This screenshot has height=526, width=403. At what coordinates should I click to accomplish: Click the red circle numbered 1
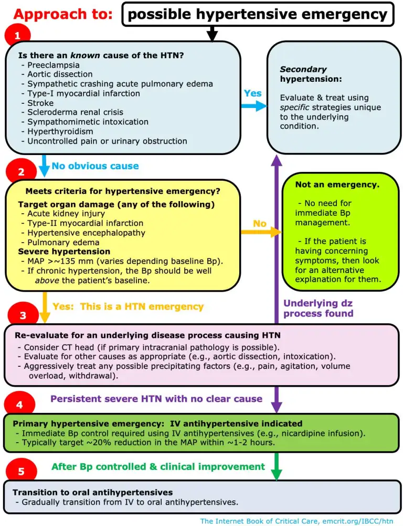pos(17,35)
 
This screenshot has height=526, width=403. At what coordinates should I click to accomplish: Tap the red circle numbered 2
pos(21,171)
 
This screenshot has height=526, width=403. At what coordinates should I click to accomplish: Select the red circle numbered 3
pos(23,315)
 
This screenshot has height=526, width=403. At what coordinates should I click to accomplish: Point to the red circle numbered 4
pos(19,404)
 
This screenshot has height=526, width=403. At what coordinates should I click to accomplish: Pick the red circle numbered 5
pos(21,470)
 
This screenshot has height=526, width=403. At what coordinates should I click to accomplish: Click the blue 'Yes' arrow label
pos(253,93)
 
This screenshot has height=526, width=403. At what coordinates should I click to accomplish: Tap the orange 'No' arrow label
pos(260,223)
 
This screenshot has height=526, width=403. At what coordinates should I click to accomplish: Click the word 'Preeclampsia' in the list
pos(54,65)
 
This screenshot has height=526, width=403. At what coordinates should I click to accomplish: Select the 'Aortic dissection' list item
pos(60,74)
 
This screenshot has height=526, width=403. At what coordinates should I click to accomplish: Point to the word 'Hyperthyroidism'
pos(60,131)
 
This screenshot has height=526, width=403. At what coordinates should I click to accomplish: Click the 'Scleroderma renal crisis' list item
pos(75,112)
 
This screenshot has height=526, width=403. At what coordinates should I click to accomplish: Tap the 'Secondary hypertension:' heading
pos(311,74)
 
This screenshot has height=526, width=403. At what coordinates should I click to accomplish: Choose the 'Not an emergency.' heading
pos(337,184)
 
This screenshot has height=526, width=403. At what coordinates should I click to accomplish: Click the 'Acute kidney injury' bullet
pos(66,214)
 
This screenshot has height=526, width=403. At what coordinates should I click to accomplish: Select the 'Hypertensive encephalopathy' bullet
pos(87,233)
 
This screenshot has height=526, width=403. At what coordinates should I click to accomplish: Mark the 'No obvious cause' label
pos(95,166)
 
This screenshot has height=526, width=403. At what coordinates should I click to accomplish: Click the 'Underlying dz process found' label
pos(319,308)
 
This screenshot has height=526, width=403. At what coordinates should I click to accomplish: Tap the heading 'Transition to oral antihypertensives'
pos(93,492)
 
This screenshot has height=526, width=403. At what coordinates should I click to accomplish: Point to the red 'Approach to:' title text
pos(63,15)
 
